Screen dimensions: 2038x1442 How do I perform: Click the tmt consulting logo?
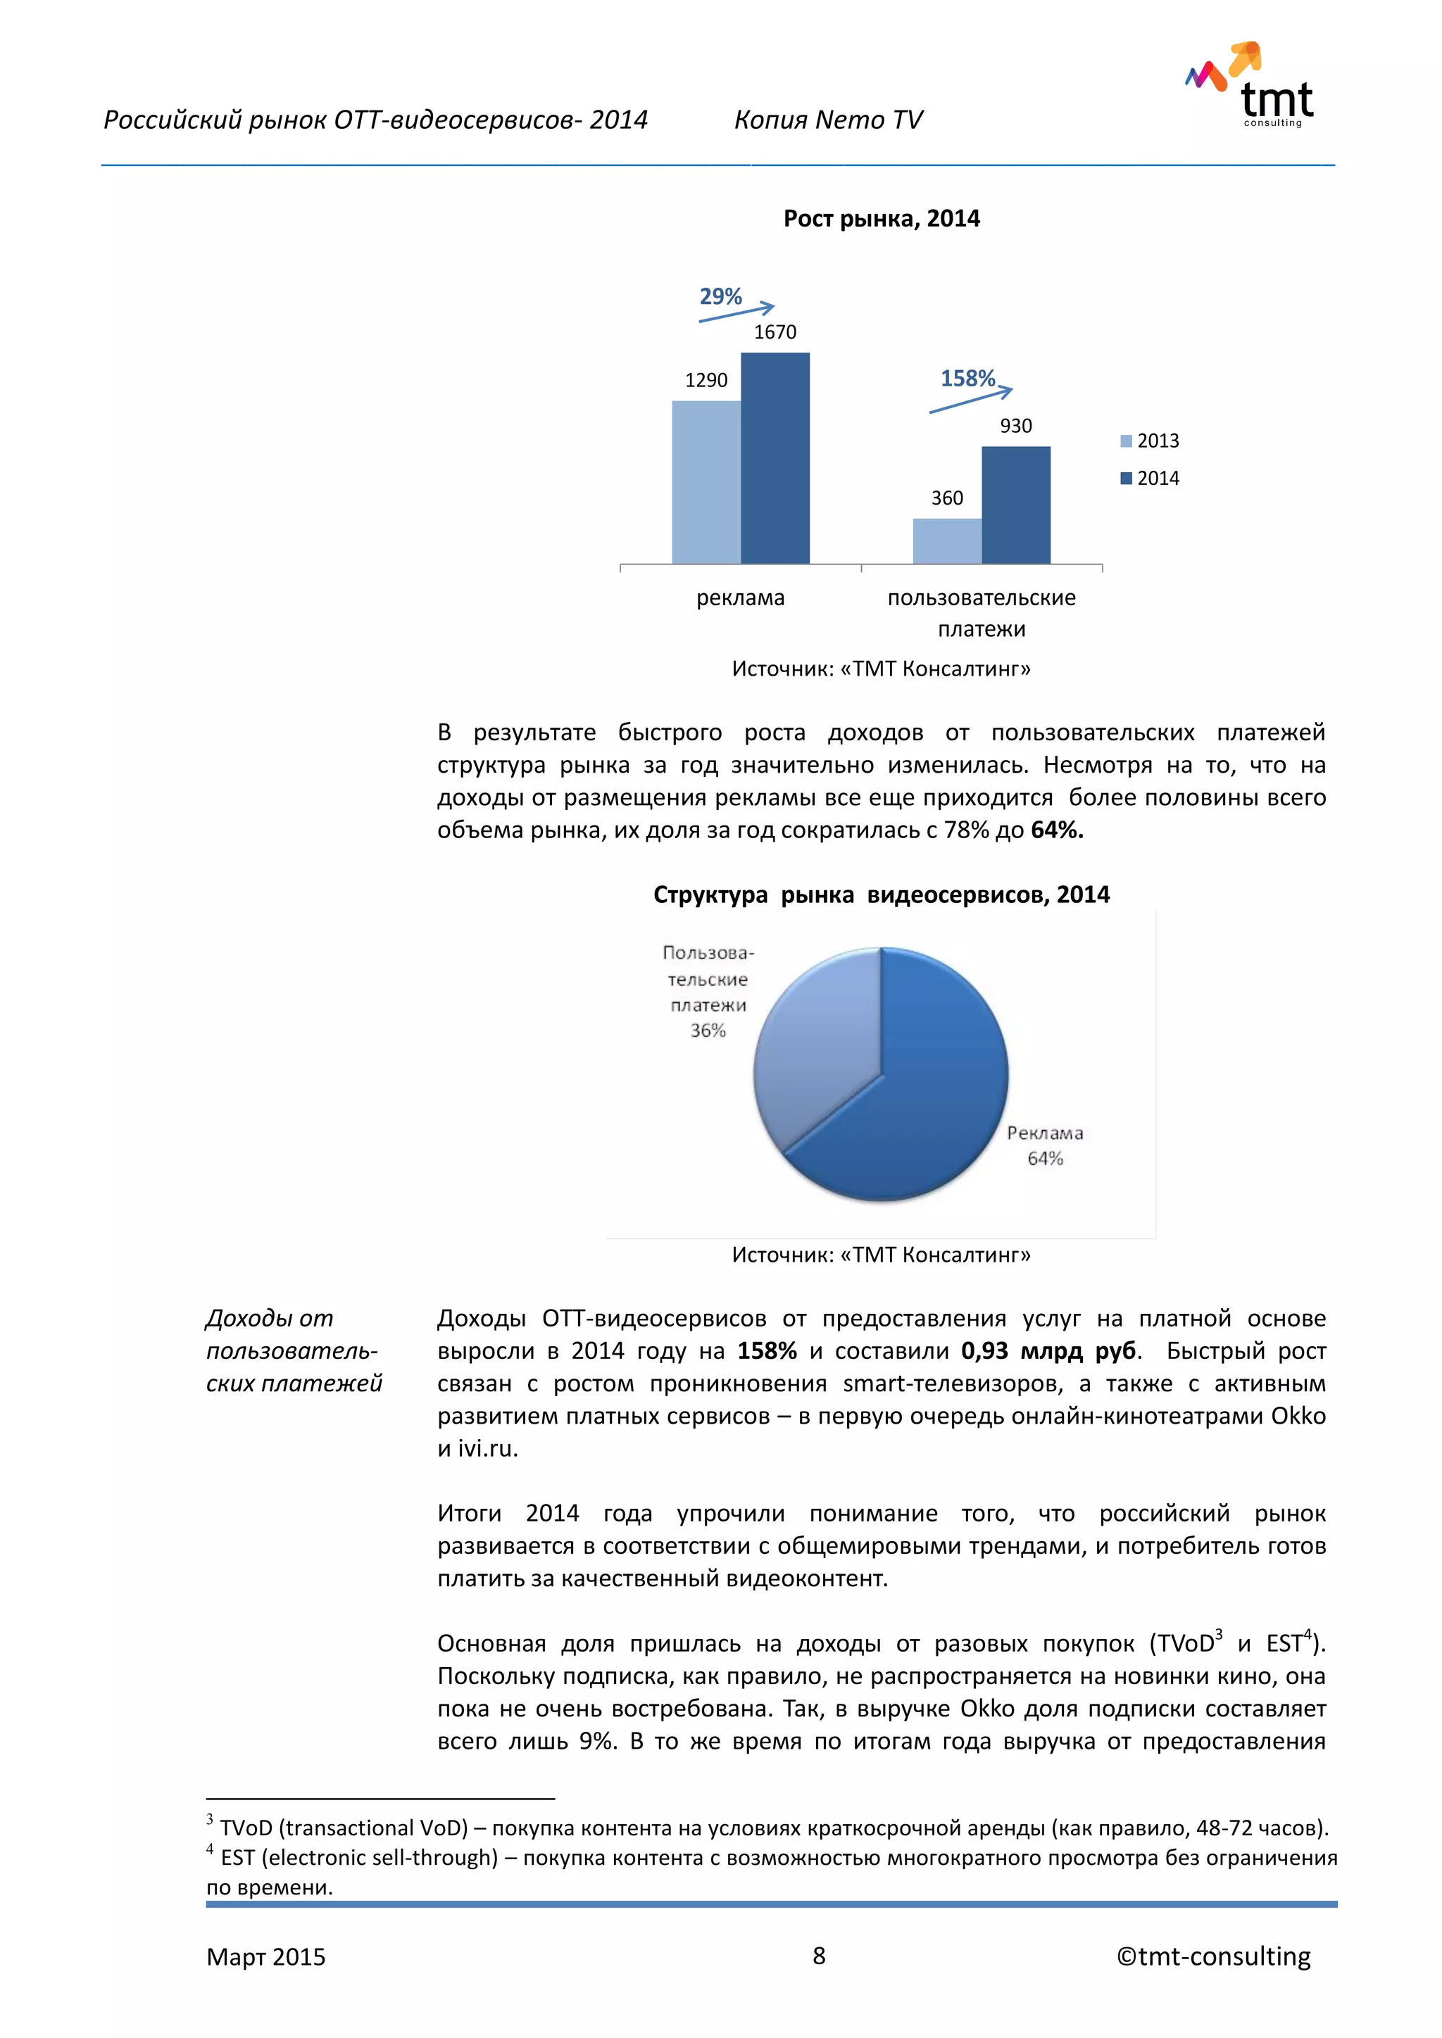coord(1252,85)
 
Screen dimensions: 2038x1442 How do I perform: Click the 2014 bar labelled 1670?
coord(775,457)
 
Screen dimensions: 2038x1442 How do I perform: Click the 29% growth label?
coord(720,296)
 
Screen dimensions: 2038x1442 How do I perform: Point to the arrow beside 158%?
coord(970,401)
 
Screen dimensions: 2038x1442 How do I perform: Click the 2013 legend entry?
coord(1150,441)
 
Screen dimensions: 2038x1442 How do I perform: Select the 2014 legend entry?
coord(1150,479)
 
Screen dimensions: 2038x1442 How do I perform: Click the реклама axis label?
coord(741,598)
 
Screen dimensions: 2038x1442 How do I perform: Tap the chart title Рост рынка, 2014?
coord(881,220)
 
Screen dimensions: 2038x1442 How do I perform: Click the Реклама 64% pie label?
coord(1045,1145)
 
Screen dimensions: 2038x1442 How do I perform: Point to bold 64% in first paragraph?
coord(1057,831)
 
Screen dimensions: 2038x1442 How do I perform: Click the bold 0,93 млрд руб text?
coord(1048,1351)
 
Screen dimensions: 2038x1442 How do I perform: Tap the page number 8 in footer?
coord(819,1956)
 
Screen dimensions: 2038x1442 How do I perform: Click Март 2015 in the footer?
coord(265,1957)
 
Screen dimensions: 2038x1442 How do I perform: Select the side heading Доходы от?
coord(269,1319)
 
